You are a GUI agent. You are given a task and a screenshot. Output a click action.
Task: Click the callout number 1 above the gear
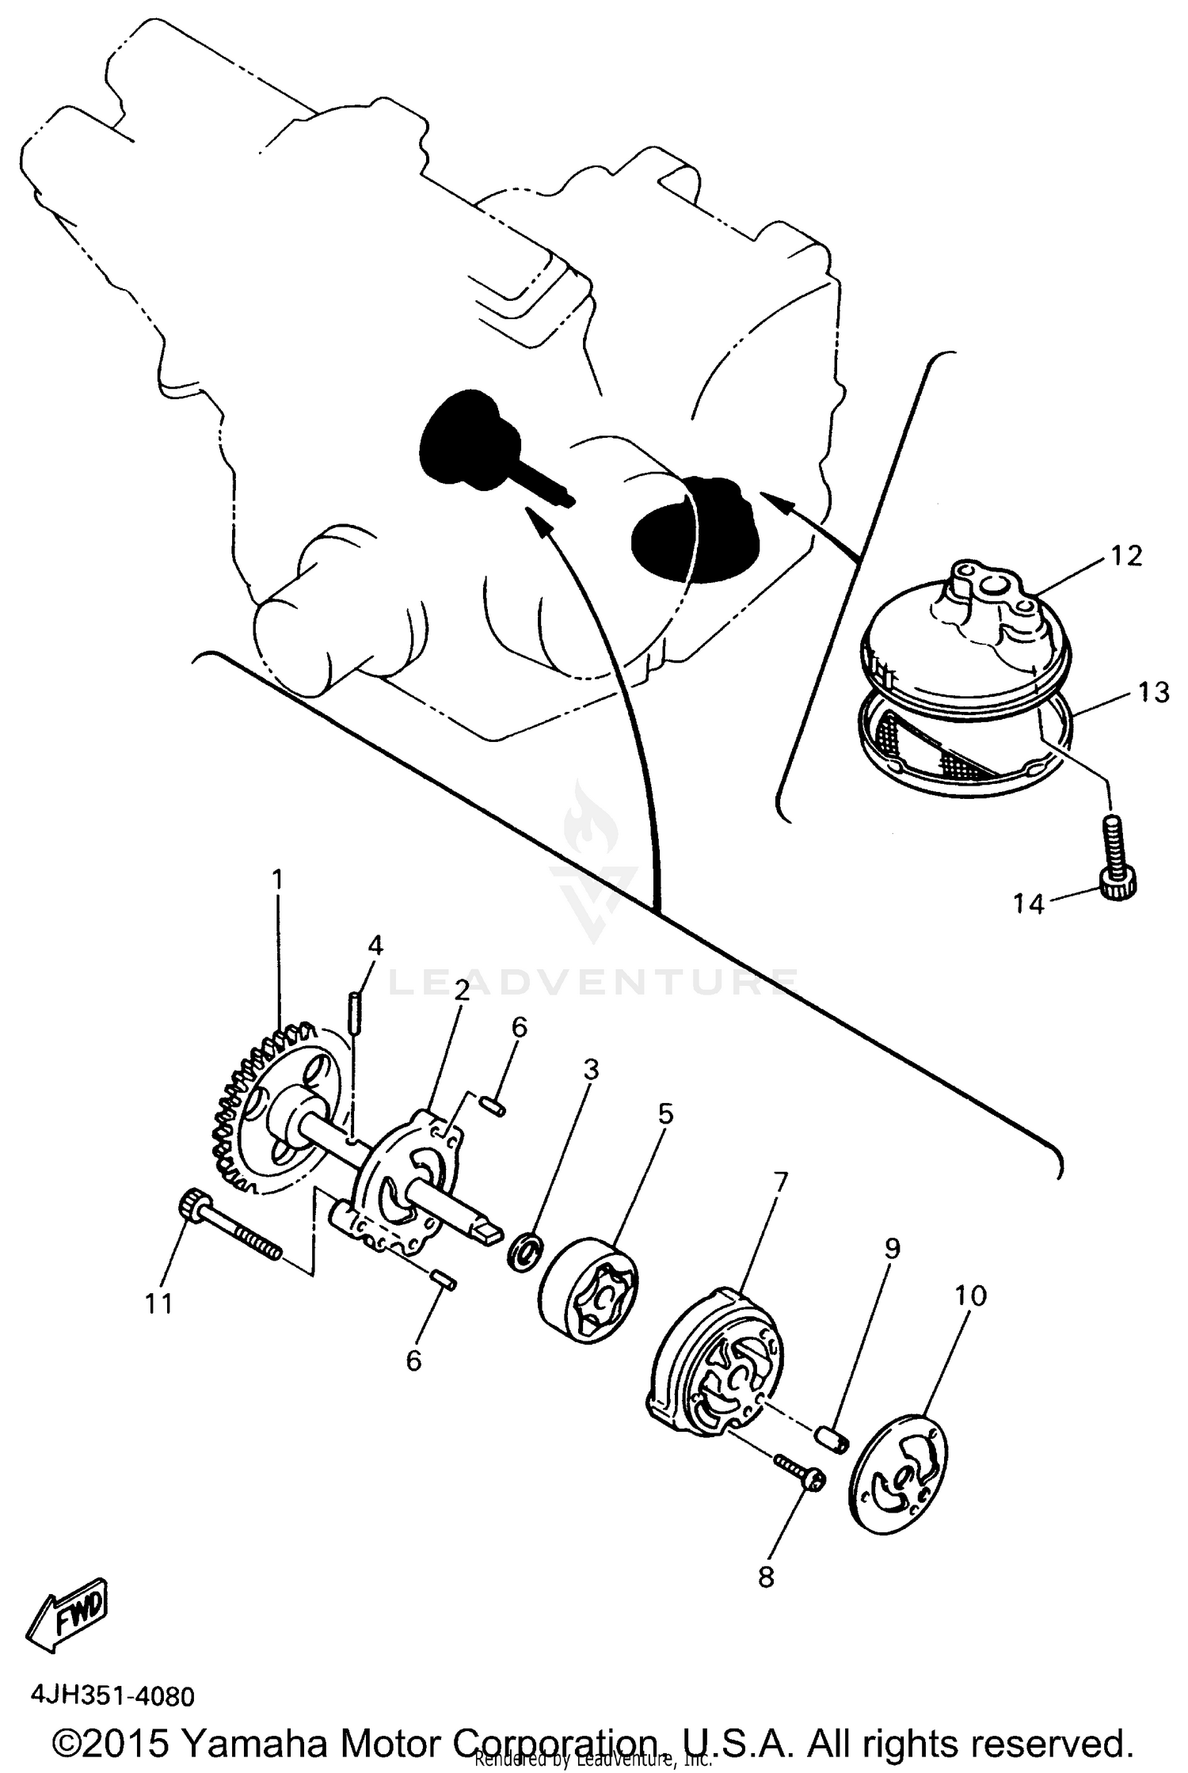277,880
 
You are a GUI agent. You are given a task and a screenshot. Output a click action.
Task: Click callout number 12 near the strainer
1126,556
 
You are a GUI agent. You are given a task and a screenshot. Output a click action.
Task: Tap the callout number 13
1152,693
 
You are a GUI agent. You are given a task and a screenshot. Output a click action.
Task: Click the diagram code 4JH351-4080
112,1697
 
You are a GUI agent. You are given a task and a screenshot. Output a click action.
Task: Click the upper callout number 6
519,1028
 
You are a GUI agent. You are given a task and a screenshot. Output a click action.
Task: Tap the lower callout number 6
413,1360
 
